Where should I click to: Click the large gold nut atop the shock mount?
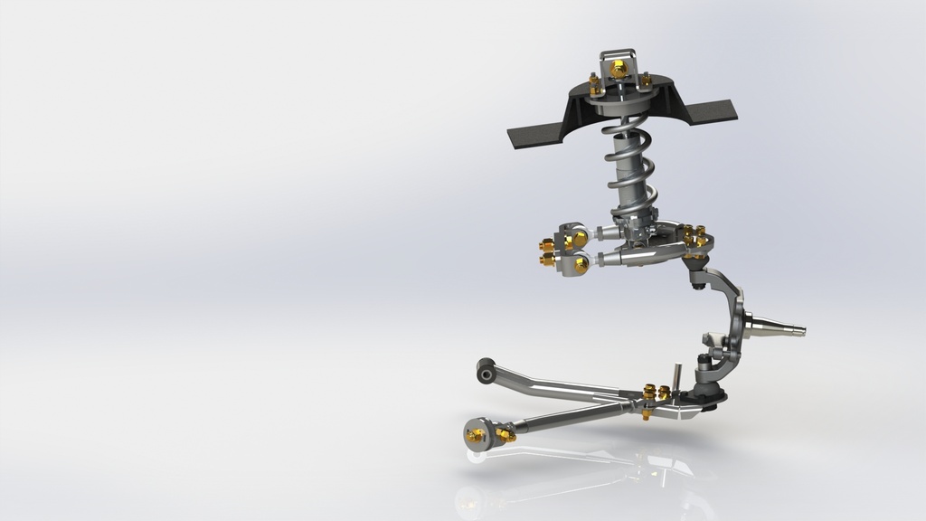[619, 69]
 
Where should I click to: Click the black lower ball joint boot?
[709, 393]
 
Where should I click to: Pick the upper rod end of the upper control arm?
[573, 238]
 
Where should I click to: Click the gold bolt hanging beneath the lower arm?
[647, 414]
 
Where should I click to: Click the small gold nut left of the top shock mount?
[595, 87]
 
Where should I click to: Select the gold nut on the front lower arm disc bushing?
[475, 435]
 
